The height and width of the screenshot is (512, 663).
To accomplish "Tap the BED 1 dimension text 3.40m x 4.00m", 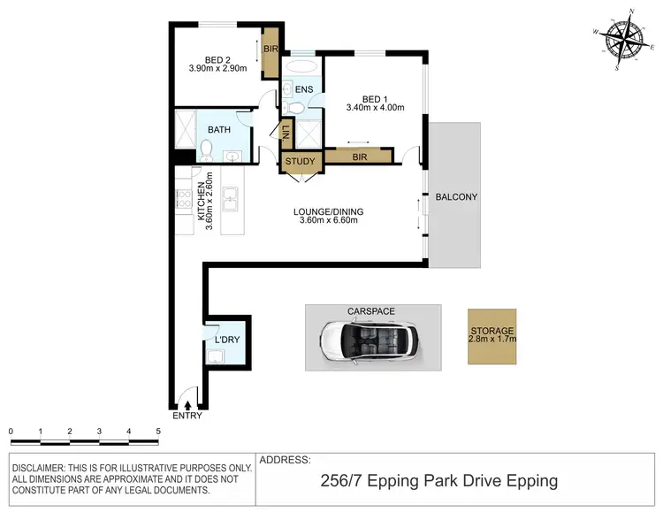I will tap(375, 109).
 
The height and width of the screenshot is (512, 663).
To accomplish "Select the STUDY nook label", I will tap(301, 162).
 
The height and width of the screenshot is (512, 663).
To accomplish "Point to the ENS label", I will tap(303, 89).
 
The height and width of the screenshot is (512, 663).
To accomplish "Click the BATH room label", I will tap(219, 129).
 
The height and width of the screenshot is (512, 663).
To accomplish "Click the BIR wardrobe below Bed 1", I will tap(357, 157).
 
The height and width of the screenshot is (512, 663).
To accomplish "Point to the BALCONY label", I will tap(456, 197).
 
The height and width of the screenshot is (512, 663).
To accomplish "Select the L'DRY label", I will tap(226, 340).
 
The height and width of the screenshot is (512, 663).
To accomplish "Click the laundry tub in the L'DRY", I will tap(216, 356).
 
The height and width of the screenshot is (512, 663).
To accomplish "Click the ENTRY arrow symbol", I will tap(187, 404).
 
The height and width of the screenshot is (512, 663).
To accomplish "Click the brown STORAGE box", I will tap(492, 334).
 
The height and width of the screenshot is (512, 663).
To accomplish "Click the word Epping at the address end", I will tap(528, 481).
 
